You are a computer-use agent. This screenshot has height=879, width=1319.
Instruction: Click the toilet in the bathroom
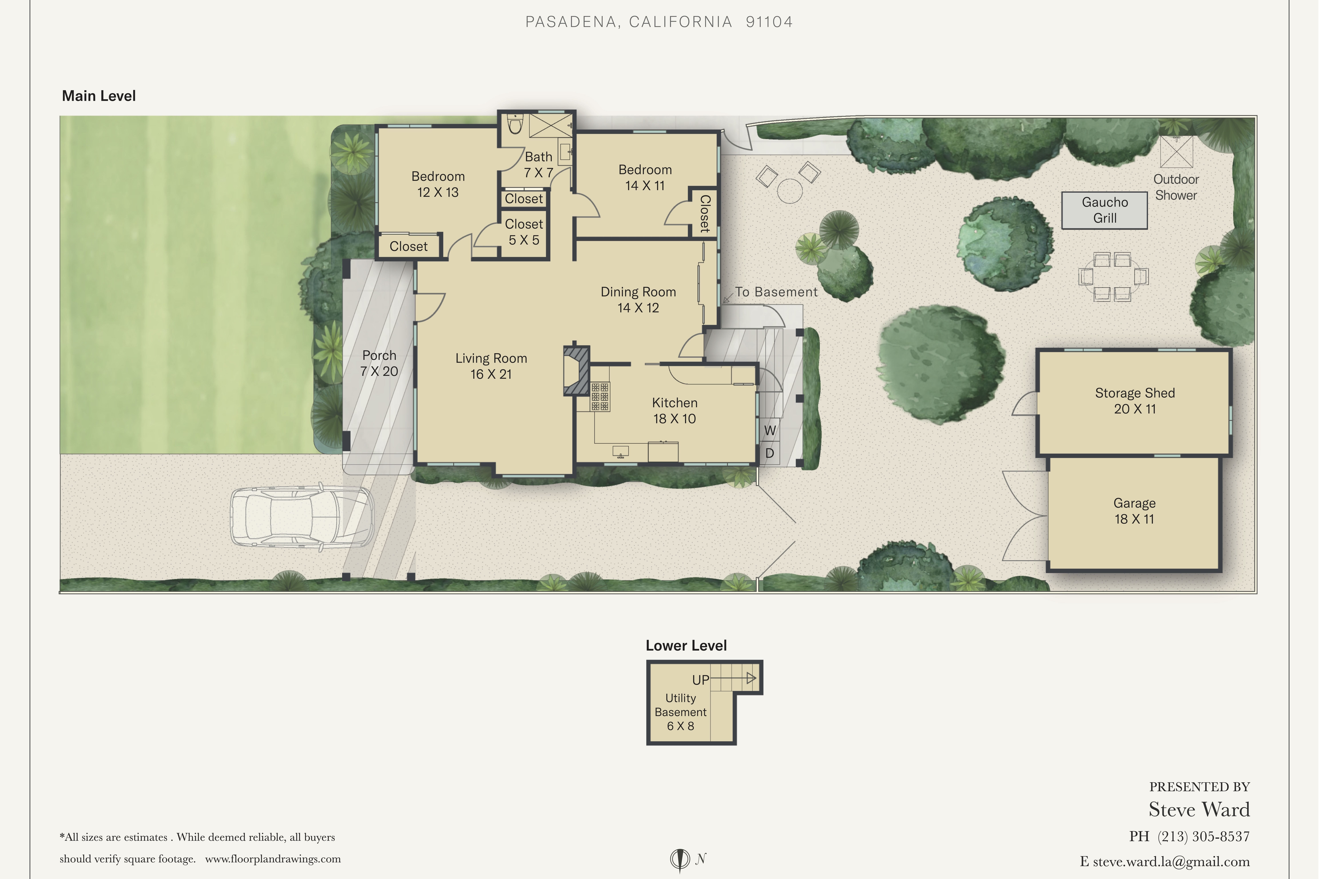tap(515, 125)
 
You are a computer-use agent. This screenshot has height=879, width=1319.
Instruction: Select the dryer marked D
tap(769, 453)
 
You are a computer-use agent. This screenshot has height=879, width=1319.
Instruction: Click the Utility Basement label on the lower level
tap(680, 712)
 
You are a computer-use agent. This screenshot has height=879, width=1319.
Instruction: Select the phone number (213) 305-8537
tap(1204, 837)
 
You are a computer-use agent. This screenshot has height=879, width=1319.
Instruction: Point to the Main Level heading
tap(99, 96)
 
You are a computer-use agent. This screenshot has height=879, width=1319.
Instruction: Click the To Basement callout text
tap(776, 292)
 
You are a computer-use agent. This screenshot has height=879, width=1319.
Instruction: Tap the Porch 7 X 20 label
tap(379, 363)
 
